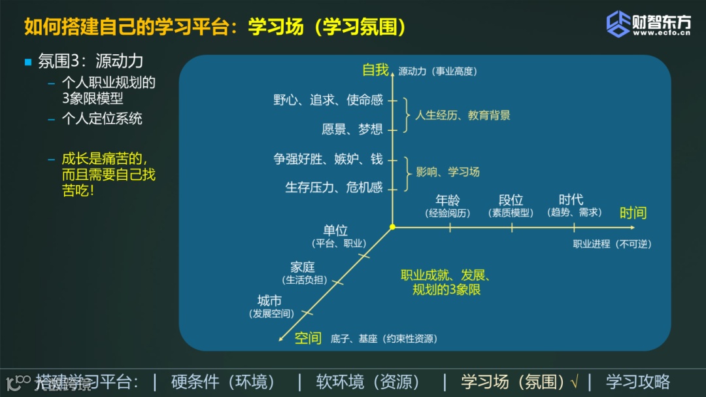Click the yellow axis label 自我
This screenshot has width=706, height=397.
(x=376, y=69)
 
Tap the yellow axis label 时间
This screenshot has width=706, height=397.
(x=633, y=213)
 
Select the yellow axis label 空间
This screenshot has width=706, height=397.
(x=308, y=337)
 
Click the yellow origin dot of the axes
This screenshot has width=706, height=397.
(x=392, y=227)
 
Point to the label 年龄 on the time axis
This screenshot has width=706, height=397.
(x=448, y=200)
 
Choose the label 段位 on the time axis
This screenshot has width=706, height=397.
(x=511, y=200)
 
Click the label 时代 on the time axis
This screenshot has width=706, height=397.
(x=571, y=199)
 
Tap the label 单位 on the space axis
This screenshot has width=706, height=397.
(x=335, y=230)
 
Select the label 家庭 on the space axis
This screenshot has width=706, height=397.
(x=303, y=267)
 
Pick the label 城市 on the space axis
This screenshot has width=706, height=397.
(x=269, y=301)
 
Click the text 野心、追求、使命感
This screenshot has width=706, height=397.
(x=328, y=100)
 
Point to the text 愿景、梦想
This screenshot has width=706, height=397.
(x=352, y=129)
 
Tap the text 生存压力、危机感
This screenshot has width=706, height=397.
(x=333, y=188)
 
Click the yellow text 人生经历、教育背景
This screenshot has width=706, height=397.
(x=462, y=115)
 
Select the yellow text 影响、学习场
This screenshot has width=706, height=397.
(x=448, y=172)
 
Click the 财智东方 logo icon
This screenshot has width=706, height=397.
(x=618, y=24)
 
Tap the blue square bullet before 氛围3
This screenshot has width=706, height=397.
(x=28, y=62)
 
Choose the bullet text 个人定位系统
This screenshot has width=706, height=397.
(x=102, y=118)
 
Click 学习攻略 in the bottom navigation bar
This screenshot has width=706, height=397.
(x=637, y=381)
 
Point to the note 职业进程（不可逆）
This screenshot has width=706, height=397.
(x=612, y=244)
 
